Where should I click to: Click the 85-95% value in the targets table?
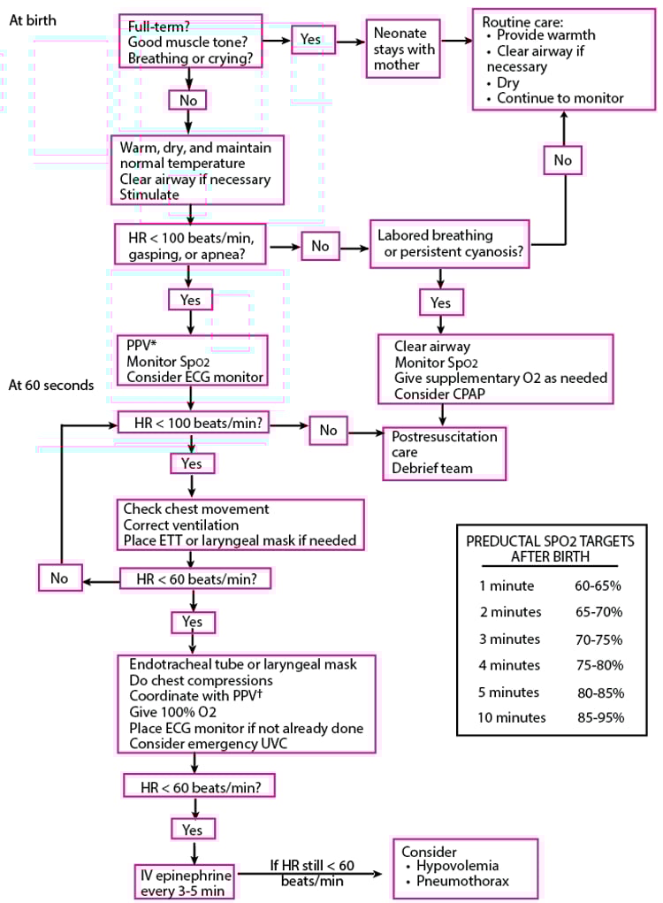599,717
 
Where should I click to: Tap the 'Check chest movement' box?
240,524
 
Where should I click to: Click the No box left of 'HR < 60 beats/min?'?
60,579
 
